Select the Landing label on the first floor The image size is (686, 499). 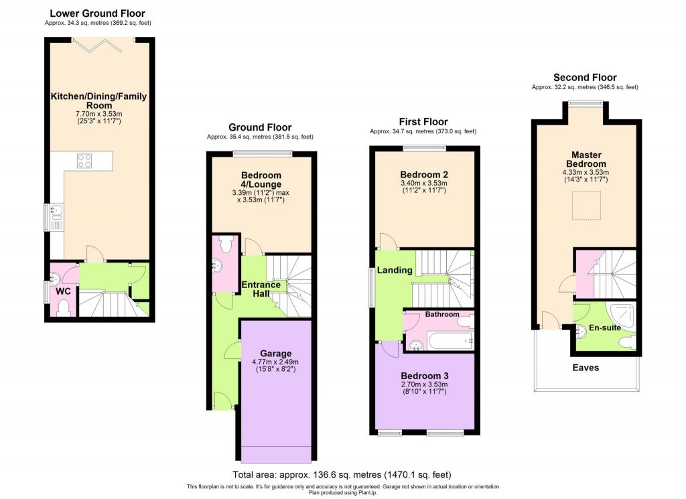(x=394, y=270)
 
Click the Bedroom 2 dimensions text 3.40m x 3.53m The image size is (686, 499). (x=424, y=183)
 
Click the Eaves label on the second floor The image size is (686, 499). (x=586, y=368)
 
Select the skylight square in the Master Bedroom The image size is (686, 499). (x=585, y=204)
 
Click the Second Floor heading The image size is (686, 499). (x=584, y=78)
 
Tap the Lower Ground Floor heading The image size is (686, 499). (x=97, y=13)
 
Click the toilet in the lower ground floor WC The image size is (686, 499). (x=63, y=308)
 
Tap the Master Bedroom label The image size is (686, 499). (x=585, y=159)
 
